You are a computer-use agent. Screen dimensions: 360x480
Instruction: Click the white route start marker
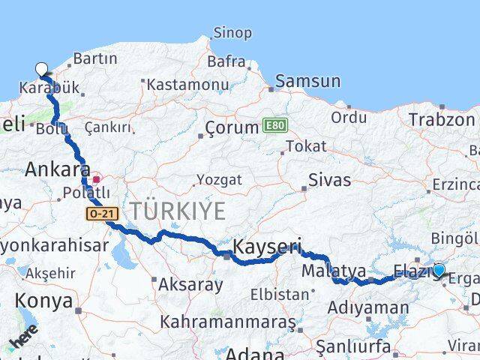(x=42, y=69)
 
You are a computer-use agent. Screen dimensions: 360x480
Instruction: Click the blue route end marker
(x=439, y=270)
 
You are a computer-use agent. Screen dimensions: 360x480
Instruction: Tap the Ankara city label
(x=57, y=169)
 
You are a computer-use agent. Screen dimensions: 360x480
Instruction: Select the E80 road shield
(x=275, y=127)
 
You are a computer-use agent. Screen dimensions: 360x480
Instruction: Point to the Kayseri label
(x=267, y=246)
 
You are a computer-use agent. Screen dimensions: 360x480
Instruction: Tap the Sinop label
(x=232, y=32)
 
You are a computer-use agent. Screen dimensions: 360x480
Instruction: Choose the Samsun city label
(x=304, y=81)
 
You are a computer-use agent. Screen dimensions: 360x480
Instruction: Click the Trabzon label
(x=442, y=118)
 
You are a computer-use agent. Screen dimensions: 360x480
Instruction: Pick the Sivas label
(x=329, y=181)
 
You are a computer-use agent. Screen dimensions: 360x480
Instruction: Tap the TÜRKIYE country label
(x=177, y=211)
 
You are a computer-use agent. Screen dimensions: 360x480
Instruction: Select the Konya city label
(x=44, y=301)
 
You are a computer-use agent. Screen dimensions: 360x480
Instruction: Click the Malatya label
(x=333, y=271)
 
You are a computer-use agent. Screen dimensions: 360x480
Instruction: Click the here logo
(x=22, y=342)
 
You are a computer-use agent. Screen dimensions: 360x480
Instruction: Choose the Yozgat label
(x=219, y=180)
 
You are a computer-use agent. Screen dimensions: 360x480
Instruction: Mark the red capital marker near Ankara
(x=97, y=180)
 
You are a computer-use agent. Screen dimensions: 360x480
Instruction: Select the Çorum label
(x=232, y=127)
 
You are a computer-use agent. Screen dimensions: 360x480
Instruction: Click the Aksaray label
(x=190, y=285)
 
